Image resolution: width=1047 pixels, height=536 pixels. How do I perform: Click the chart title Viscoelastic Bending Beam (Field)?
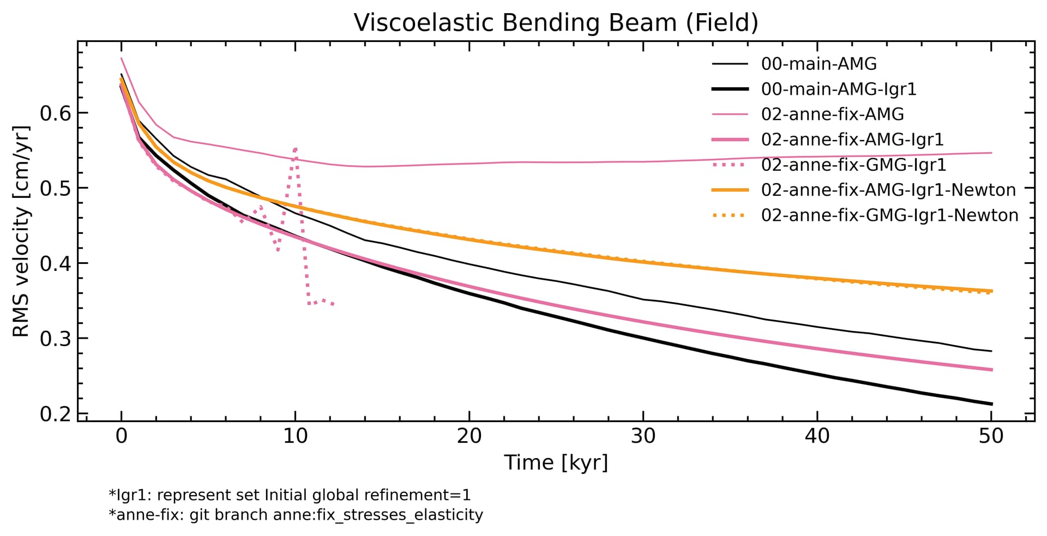tap(556, 23)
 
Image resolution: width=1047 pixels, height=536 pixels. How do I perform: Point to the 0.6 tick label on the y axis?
tap(57, 113)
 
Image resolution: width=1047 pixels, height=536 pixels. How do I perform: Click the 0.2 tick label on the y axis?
tap(57, 414)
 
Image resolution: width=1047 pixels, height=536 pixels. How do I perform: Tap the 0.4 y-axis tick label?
tap(57, 264)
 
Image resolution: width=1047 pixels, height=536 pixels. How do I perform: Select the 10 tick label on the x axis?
tap(295, 436)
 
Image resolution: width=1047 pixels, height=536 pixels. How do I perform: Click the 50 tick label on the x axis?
tap(991, 436)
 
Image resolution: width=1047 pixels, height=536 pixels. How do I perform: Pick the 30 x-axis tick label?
tap(643, 436)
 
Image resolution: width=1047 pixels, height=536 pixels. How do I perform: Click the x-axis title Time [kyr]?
tap(556, 463)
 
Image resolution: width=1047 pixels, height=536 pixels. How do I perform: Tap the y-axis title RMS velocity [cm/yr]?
tap(21, 231)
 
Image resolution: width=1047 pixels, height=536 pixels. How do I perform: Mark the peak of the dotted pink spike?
tap(295, 148)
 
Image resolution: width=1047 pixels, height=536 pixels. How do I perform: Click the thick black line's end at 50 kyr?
tap(991, 404)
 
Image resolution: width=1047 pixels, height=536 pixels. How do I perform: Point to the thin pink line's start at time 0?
tap(121, 58)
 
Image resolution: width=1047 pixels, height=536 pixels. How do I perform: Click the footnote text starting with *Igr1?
tap(290, 495)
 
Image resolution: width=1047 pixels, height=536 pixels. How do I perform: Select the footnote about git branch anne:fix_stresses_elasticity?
tap(296, 515)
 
